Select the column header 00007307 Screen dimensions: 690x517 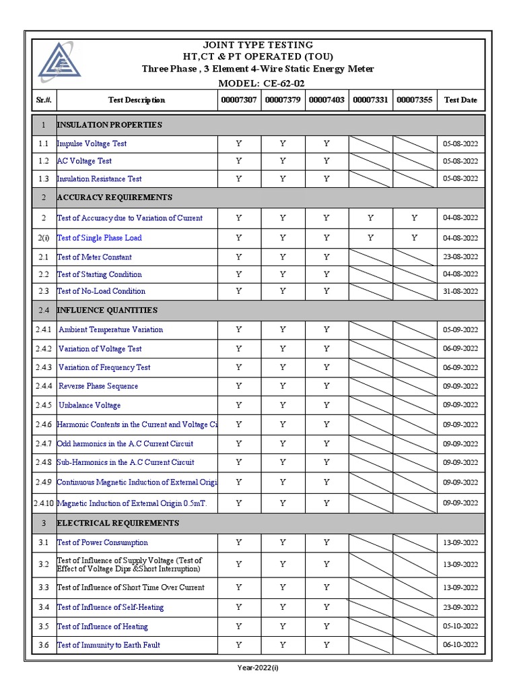tap(239, 100)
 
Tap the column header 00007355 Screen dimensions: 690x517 tap(414, 100)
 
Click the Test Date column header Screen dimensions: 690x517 tap(460, 100)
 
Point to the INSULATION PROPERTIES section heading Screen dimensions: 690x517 tap(109, 125)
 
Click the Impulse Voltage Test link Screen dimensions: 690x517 tap(92, 144)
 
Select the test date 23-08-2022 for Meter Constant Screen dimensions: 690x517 tap(460, 257)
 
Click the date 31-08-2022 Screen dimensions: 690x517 tap(460, 291)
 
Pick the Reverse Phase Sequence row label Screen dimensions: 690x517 tap(98, 386)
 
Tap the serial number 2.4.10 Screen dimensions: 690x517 tap(44, 503)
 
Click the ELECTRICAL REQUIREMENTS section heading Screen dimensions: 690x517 tap(118, 523)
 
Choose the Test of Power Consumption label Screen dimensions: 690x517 tap(102, 542)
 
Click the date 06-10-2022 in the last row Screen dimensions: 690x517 tap(460, 645)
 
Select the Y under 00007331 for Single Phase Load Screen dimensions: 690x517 tap(370, 238)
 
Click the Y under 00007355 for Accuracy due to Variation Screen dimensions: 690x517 tap(414, 218)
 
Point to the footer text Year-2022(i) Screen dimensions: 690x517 tap(258, 668)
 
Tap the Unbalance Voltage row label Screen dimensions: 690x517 tap(90, 405)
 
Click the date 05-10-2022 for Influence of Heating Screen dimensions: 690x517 tap(460, 626)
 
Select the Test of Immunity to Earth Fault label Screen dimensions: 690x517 tap(108, 645)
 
